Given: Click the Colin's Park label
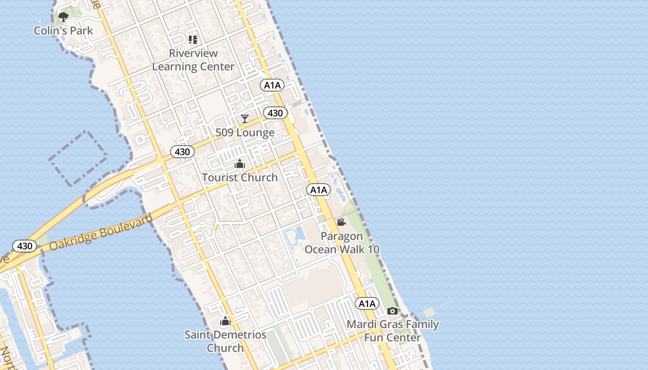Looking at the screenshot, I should tap(63, 31).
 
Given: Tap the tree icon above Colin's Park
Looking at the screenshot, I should tap(63, 17).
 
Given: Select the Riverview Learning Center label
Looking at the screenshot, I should tap(193, 60).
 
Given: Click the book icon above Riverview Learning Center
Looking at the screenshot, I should tap(193, 40).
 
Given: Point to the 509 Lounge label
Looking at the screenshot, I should tap(245, 133).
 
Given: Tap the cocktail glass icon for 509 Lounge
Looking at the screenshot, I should tap(245, 119).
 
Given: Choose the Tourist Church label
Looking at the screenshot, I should tap(240, 177).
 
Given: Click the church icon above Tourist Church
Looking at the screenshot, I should tap(240, 164).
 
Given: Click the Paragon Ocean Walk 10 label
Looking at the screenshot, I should tap(342, 243).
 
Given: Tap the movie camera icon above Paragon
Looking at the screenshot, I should tap(342, 222).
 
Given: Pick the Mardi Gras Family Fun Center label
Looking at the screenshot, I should tap(393, 331).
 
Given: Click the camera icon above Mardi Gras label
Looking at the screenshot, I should tap(393, 311).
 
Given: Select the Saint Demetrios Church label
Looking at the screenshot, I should tap(225, 341).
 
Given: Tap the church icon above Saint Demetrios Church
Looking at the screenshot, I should tap(225, 321).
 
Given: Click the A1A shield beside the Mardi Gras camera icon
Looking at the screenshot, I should tap(367, 303).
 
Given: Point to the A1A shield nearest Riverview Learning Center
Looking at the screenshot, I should tap(272, 85).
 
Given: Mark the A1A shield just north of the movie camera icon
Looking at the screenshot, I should tap(318, 190).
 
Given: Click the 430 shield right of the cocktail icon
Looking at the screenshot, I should tap(275, 113).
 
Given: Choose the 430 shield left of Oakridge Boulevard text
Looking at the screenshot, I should tap(24, 246).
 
